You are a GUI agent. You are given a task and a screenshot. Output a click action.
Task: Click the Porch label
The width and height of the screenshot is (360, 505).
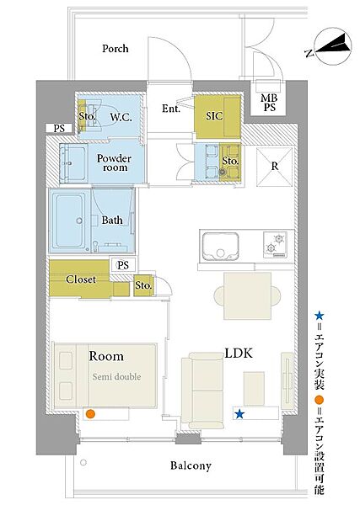[116, 49]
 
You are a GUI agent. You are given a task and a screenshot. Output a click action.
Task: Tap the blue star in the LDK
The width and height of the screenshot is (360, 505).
[239, 414]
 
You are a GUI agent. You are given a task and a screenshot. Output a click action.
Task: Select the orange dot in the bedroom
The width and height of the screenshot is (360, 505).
[91, 414]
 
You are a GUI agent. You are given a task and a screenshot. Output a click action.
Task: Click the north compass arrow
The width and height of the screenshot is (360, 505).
[333, 45]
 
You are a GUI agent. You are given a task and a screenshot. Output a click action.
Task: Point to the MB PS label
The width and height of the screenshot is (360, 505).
[269, 103]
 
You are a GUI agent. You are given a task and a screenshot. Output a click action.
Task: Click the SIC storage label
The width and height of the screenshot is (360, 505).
[214, 116]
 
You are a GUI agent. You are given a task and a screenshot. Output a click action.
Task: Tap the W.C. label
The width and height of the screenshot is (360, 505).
[121, 117]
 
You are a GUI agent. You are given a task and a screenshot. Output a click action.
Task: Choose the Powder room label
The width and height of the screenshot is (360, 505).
[114, 163]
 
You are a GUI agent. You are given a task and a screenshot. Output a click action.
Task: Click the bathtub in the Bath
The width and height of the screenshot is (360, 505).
[70, 221]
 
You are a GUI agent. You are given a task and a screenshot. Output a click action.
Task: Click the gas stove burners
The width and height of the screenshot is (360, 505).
[275, 244]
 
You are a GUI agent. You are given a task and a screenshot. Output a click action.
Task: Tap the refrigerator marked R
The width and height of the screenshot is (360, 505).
[274, 167]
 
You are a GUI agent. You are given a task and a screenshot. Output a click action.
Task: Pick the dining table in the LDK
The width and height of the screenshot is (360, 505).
[247, 295]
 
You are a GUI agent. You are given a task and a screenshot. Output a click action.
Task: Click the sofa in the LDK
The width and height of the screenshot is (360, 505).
[202, 391]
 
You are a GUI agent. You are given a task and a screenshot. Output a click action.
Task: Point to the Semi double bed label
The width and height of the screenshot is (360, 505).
[116, 376]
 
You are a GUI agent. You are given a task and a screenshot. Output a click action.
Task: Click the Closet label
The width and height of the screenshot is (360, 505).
[81, 279]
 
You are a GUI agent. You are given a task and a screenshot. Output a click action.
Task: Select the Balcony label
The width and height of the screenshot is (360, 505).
[191, 465]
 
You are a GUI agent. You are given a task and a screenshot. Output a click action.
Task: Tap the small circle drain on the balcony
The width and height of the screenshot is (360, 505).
[83, 463]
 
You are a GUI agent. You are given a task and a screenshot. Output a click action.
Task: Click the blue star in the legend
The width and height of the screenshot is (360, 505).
[319, 316]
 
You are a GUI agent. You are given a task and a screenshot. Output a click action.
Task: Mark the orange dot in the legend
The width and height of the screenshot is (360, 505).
[319, 401]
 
